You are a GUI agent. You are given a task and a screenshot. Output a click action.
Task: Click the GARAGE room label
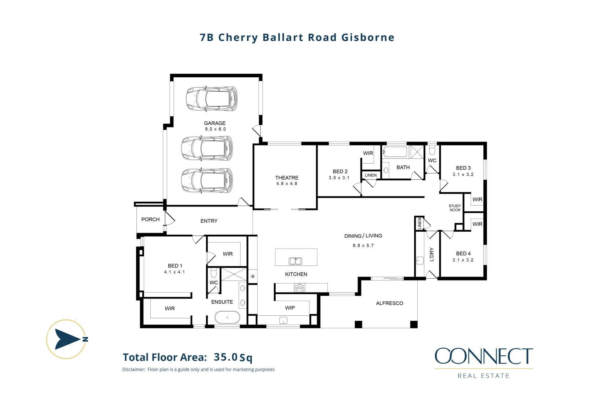point(214,123)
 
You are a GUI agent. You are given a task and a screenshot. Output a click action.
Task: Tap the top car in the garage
point(212,99)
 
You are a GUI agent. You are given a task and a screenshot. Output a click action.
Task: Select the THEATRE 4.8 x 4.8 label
point(287,180)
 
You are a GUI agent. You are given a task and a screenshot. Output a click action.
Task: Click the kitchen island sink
point(296,261)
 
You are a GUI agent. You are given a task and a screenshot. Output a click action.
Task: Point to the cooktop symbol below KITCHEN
point(300,288)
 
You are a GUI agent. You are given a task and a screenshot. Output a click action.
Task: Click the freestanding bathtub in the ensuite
point(227,317)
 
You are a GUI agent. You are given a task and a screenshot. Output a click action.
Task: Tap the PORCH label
point(150,219)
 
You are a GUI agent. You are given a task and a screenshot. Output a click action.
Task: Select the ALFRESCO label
point(389,303)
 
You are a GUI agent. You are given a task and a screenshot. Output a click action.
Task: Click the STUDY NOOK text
point(455,208)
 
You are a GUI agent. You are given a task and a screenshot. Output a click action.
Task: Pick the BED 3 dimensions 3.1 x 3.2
point(463,175)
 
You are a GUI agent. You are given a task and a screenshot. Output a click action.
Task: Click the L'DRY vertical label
point(432,254)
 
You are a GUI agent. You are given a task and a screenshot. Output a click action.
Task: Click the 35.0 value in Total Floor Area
point(225,357)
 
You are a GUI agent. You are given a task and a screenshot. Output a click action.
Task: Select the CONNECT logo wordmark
point(484,356)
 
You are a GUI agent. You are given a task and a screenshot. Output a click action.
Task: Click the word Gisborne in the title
point(368,37)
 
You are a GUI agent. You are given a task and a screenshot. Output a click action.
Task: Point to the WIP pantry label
point(290,308)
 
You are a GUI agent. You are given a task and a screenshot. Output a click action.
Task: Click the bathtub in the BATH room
point(395,152)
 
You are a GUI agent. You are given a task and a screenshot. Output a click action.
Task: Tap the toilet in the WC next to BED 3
point(432,150)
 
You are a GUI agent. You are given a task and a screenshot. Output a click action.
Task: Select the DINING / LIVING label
point(363,236)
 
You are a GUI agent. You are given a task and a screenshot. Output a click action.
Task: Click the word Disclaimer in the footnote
point(133,370)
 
